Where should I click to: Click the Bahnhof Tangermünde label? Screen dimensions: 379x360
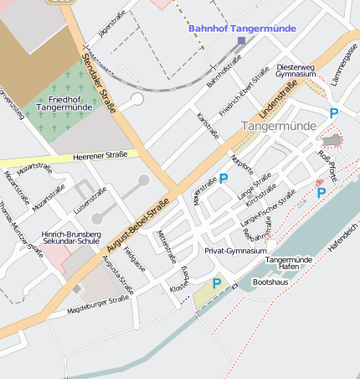coord(242,28)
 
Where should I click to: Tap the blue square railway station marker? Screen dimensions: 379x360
coord(241,40)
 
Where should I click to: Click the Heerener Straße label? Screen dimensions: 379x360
coord(101,154)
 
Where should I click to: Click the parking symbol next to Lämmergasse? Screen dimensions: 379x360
coord(334,113)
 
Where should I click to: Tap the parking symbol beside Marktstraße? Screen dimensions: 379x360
coord(224,178)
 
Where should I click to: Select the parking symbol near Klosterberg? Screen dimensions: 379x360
coord(216,283)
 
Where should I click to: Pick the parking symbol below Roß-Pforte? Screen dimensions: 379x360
coord(321,193)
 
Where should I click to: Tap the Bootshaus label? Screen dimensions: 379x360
coord(270,283)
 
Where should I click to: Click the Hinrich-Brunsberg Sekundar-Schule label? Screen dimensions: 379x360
coord(70,241)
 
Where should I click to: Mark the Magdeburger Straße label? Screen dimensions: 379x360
coord(99,303)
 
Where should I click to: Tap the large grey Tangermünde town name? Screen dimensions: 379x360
coord(279,126)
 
